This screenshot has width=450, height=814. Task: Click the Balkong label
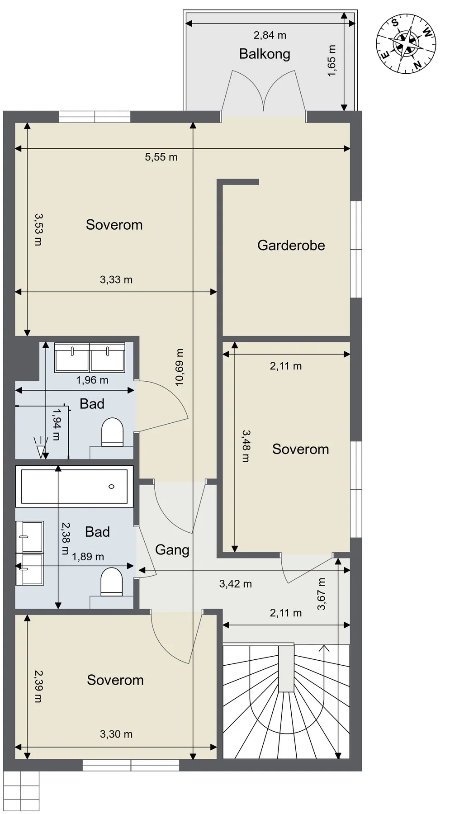[x=265, y=54]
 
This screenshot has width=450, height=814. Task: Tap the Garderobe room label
[x=291, y=245]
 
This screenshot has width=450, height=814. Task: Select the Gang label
[x=172, y=550]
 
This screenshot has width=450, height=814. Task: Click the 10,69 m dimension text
[x=180, y=367]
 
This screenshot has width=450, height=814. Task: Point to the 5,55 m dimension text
[x=161, y=157]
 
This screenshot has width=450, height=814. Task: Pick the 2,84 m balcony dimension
[x=270, y=35]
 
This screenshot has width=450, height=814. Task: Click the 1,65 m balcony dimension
[x=332, y=61]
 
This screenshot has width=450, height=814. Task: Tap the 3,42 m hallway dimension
[x=236, y=584]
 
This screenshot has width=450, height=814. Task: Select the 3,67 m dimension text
[x=322, y=594]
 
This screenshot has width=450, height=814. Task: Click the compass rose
[x=406, y=43]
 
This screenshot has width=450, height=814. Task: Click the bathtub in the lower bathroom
[x=74, y=487]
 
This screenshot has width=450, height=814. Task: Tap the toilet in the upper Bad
[x=112, y=432]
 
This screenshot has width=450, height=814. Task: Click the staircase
[x=286, y=701]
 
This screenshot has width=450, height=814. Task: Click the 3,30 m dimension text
[x=116, y=734]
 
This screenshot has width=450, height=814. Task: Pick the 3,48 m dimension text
[x=246, y=446]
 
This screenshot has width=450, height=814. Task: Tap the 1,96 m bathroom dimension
[x=92, y=380]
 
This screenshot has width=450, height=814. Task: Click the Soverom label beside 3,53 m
[x=114, y=225]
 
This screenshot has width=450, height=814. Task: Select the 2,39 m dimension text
[x=38, y=686]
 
